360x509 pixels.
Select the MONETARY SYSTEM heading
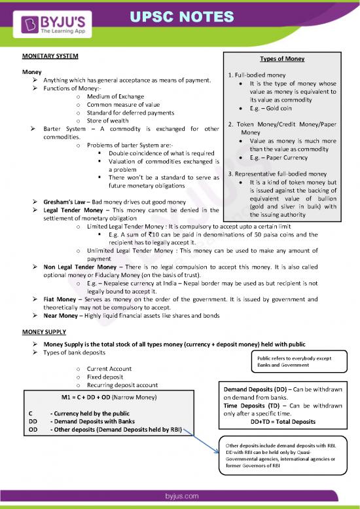click(50, 56)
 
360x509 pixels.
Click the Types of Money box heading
click(281, 58)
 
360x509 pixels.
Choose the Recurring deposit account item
click(122, 385)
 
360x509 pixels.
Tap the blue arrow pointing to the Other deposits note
click(201, 436)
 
